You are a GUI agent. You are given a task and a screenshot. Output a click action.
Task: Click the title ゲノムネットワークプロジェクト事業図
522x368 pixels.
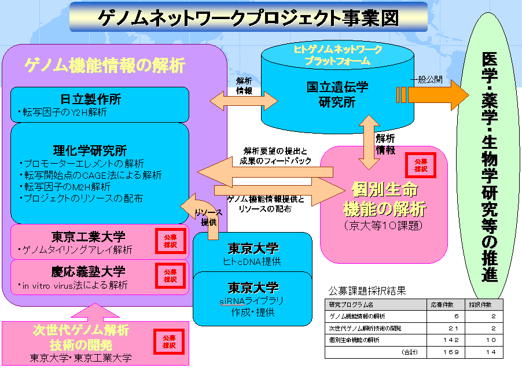pyautogui.click(x=249, y=17)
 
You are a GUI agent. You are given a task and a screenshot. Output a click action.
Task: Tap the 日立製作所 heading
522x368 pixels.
pyautogui.click(x=100, y=98)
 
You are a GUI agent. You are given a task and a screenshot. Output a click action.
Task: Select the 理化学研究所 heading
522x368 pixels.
pyautogui.click(x=100, y=152)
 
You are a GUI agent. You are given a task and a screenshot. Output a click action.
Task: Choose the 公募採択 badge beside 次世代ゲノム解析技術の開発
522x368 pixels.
pyautogui.click(x=168, y=341)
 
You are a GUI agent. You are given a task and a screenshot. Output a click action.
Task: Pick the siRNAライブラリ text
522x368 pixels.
pyautogui.click(x=252, y=301)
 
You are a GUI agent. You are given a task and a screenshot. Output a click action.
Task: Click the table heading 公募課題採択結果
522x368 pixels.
pyautogui.click(x=367, y=290)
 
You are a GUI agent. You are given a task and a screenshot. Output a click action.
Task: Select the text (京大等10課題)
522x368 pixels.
pyautogui.click(x=384, y=223)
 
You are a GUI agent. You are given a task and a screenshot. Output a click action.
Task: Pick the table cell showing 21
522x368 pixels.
pyautogui.click(x=453, y=328)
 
